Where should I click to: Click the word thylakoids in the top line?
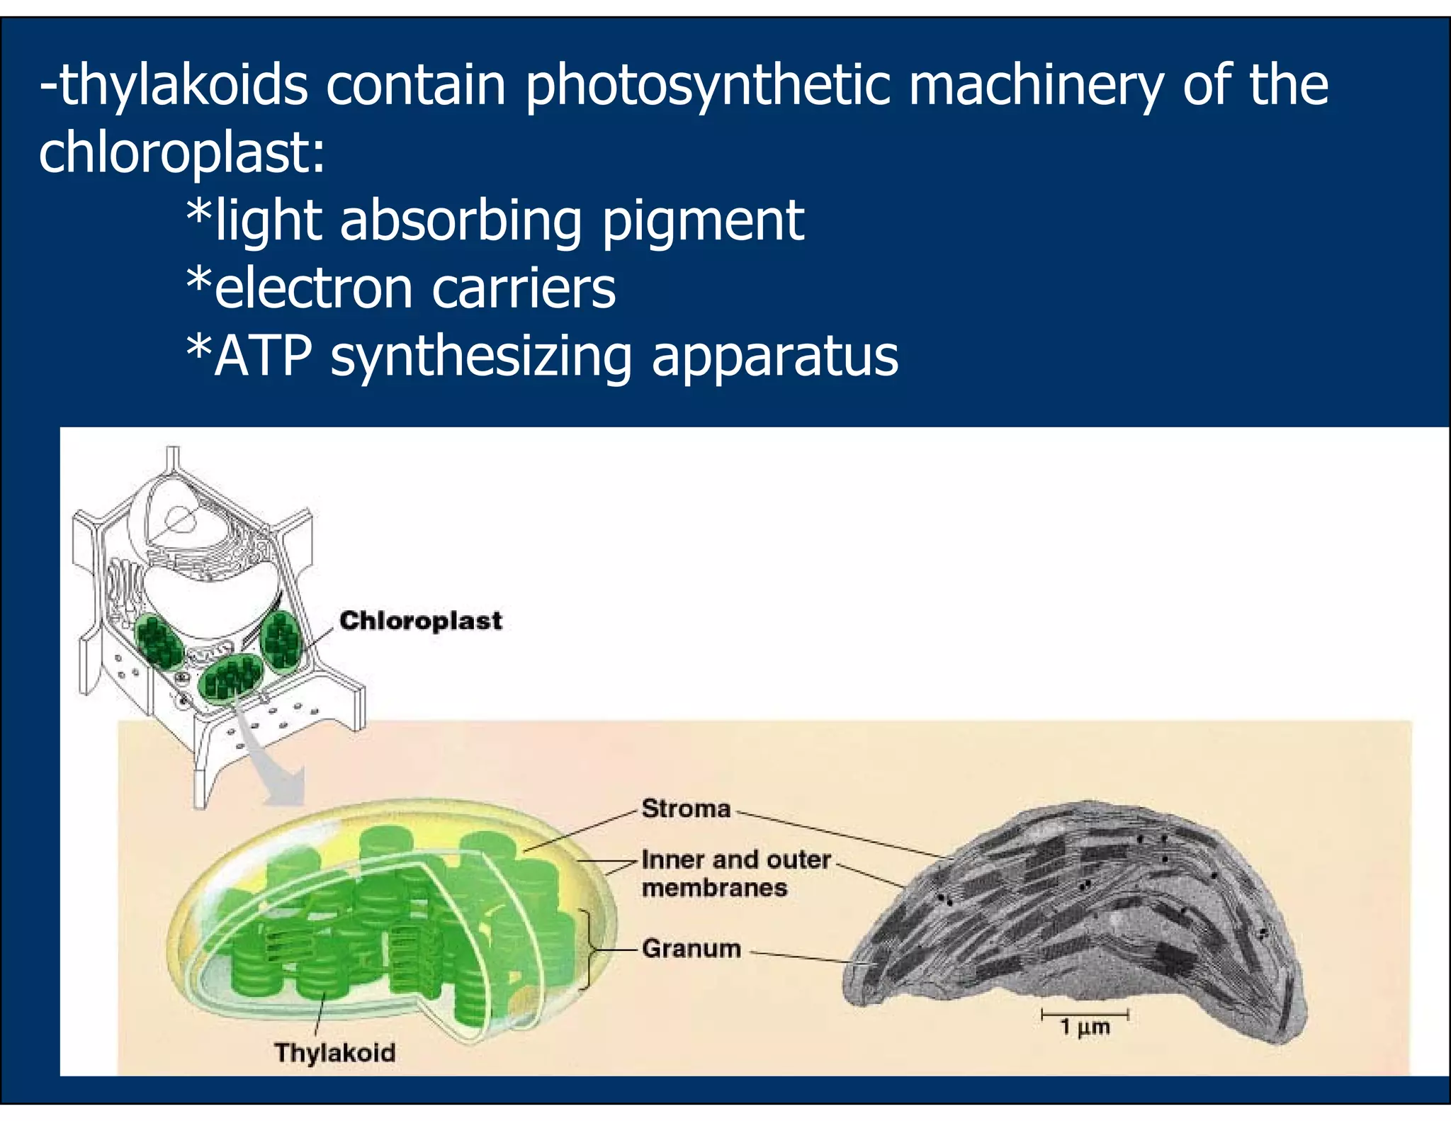(183, 86)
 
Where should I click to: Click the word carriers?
(524, 288)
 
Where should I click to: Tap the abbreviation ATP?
(263, 356)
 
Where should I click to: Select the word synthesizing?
(481, 357)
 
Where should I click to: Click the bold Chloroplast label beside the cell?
(421, 621)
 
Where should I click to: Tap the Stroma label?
(686, 809)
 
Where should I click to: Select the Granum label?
(691, 948)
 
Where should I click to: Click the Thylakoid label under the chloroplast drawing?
(334, 1052)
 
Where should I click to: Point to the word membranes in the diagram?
(714, 888)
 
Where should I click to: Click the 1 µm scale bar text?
(1085, 1027)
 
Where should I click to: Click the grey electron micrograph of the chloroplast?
(1077, 921)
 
